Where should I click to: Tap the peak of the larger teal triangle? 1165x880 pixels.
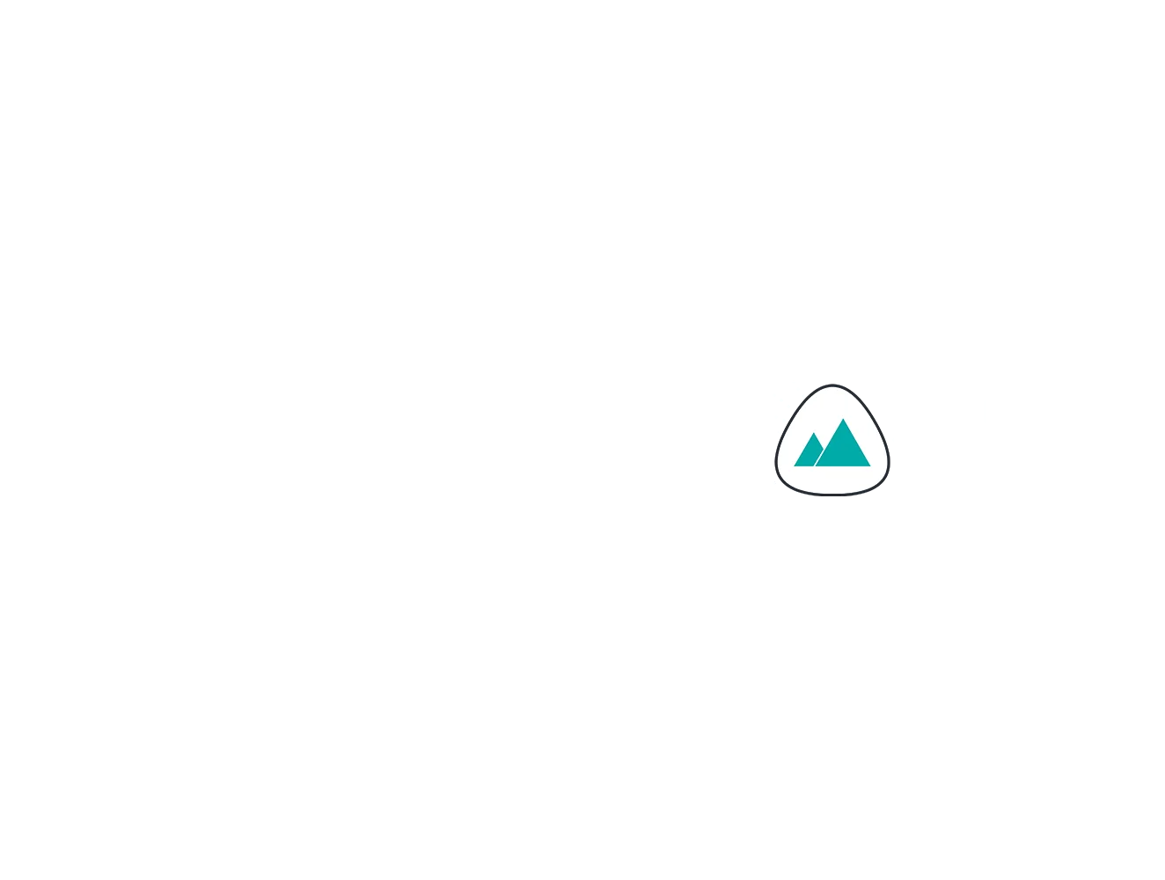844,421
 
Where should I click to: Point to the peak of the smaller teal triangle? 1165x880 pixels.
815,434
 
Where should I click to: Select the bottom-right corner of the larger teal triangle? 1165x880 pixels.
869,466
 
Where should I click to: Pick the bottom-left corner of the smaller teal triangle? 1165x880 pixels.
795,466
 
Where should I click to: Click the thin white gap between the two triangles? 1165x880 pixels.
820,456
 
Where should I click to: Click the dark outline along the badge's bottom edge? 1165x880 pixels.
832,495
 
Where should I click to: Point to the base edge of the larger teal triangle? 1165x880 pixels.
844,465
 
